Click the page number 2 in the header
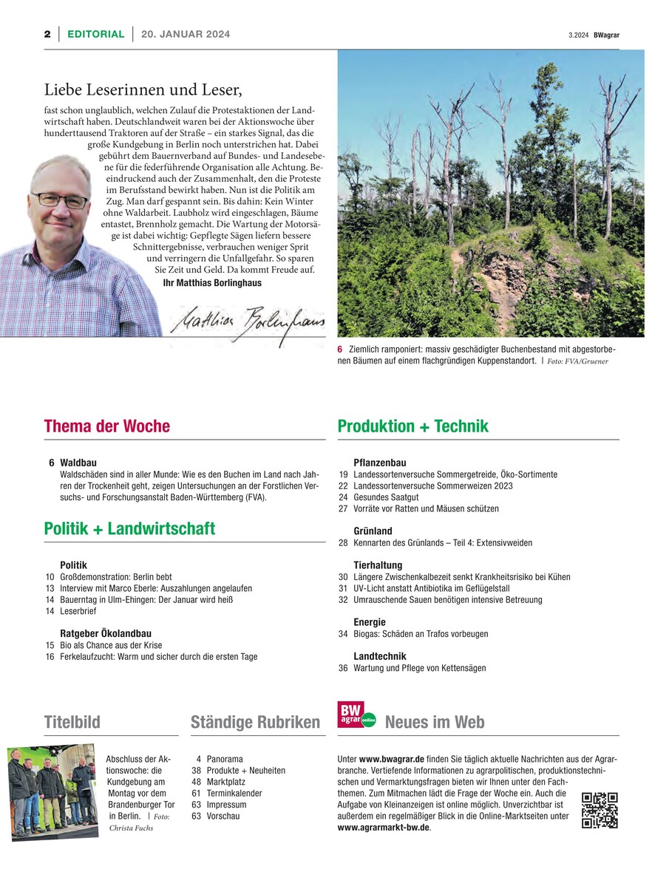pos(47,34)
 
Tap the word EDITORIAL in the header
pos(95,34)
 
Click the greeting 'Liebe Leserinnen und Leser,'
pos(143,90)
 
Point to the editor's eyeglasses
pos(59,200)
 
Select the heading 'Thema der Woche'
pos(107,426)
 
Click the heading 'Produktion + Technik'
pos(412,426)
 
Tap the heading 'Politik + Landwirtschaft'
pos(129,528)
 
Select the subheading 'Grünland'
pos(373,531)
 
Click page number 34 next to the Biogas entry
pos(343,634)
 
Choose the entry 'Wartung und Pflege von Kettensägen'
pos(420,668)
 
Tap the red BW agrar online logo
pos(356,715)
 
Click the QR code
pos(600,810)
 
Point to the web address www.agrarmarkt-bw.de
pos(383,828)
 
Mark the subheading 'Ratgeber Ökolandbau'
pos(106,633)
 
